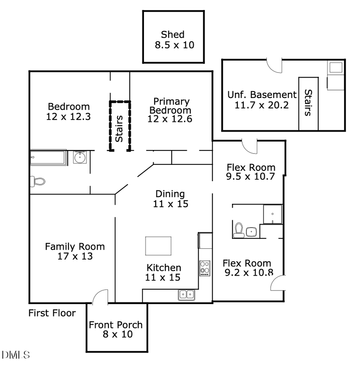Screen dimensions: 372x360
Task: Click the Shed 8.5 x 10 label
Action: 174,40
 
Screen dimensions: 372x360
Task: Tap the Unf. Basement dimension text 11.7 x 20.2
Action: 262,105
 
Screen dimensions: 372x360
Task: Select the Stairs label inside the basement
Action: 308,102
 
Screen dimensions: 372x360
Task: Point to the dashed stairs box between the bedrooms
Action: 120,126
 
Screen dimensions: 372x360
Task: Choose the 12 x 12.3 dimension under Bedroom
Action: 69,117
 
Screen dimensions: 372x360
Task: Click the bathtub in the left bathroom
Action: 48,158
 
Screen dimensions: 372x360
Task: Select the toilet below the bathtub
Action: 38,181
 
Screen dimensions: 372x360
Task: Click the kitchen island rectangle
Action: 158,246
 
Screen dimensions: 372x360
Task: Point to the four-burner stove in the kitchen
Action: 205,268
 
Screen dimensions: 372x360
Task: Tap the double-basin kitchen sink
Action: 186,295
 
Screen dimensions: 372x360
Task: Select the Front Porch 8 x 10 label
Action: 116,329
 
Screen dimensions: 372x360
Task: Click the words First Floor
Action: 52,313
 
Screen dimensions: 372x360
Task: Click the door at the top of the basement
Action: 274,66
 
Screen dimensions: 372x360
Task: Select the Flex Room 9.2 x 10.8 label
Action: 246,268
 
